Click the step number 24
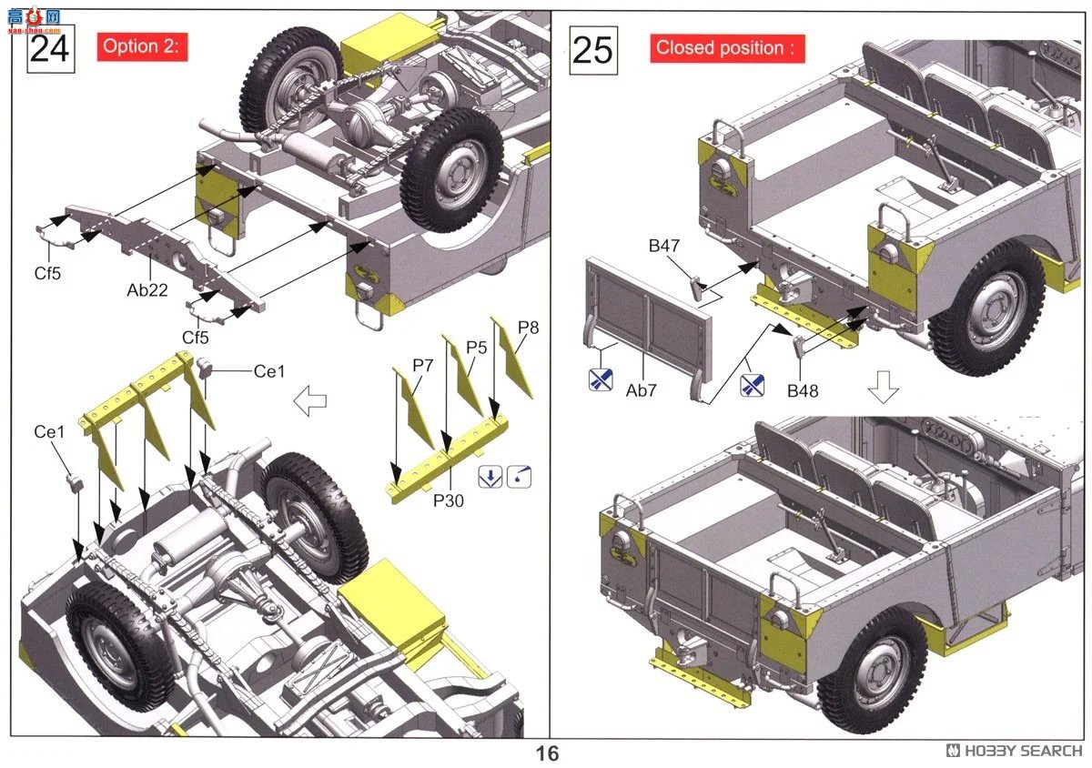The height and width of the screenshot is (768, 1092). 50,49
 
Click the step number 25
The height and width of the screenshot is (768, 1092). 593,51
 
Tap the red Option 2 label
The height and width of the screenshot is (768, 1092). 142,46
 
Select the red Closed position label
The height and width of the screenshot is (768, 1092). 727,48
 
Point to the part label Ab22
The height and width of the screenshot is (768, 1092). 147,290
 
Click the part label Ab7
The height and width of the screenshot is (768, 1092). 641,390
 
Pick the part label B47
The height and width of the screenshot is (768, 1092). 664,246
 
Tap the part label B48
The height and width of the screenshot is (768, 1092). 803,390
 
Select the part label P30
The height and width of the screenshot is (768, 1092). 449,500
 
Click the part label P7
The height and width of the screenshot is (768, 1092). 422,365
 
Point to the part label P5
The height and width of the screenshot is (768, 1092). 476,348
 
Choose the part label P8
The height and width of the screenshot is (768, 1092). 529,328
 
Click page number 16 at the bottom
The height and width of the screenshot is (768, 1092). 548,753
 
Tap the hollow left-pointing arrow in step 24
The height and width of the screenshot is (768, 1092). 310,400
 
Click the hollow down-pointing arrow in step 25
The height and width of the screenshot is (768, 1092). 884,387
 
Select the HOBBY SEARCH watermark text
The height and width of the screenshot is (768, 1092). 1014,751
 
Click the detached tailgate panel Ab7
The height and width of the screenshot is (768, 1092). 647,328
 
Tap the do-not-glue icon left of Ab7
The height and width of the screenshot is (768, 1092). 601,379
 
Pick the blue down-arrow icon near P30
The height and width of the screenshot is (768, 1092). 490,477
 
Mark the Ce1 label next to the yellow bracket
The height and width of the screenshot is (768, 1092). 269,371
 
